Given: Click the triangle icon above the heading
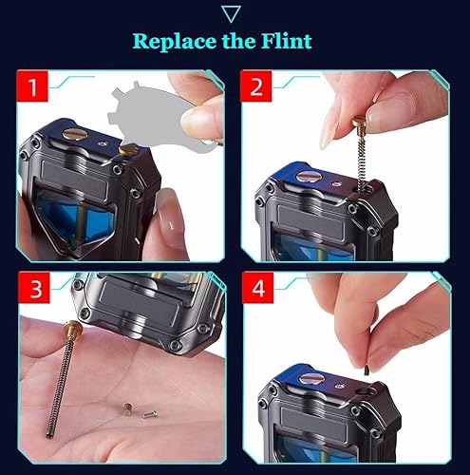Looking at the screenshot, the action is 232,14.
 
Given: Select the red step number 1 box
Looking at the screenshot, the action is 32,86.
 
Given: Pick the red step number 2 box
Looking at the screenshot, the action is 255,86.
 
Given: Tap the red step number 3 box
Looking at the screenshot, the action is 34,288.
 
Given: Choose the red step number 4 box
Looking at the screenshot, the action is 257,288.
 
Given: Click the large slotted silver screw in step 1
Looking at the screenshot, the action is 75,134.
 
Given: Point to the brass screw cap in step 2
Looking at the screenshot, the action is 360,122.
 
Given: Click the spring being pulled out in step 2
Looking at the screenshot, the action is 361,160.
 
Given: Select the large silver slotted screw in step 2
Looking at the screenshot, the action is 309,177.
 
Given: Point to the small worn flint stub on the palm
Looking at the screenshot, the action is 127,408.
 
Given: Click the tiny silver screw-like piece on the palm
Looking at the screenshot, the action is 150,414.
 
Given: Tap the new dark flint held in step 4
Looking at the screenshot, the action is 367,370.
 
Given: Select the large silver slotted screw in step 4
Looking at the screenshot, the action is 312,379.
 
